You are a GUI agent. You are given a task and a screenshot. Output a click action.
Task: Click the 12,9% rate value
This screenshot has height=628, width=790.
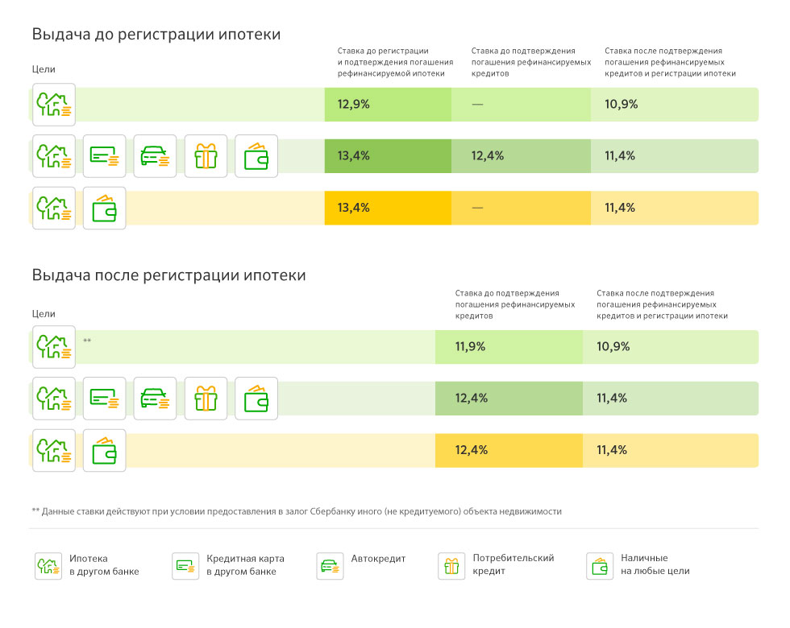pyautogui.click(x=353, y=104)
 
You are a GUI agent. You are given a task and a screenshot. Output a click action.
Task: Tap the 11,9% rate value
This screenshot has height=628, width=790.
pyautogui.click(x=470, y=347)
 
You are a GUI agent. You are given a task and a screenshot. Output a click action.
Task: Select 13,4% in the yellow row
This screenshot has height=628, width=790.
pyautogui.click(x=353, y=208)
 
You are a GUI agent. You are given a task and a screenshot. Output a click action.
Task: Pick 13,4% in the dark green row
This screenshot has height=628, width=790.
pyautogui.click(x=353, y=155)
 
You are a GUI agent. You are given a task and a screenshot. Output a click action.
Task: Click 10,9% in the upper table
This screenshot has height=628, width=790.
pyautogui.click(x=622, y=104)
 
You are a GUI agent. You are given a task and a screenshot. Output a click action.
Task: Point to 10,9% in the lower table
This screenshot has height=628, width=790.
pyautogui.click(x=613, y=347)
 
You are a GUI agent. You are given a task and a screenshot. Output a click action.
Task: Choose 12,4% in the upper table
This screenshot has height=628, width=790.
pyautogui.click(x=487, y=155)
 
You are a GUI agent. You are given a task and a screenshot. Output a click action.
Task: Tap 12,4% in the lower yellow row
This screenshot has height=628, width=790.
pyautogui.click(x=471, y=450)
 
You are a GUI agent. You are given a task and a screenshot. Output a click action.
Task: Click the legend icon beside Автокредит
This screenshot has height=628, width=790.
pyautogui.click(x=330, y=566)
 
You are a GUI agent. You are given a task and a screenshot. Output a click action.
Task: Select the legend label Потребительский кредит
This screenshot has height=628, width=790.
pyautogui.click(x=513, y=564)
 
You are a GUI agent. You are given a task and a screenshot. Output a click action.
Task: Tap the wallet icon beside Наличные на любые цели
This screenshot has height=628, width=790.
pyautogui.click(x=600, y=566)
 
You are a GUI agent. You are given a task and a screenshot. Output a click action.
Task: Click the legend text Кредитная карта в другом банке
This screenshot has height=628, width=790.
pyautogui.click(x=245, y=564)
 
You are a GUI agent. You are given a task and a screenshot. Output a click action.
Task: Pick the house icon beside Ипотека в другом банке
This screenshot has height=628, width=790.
pyautogui.click(x=48, y=566)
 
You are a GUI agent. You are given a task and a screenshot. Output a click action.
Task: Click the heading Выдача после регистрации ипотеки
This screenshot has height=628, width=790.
pyautogui.click(x=168, y=275)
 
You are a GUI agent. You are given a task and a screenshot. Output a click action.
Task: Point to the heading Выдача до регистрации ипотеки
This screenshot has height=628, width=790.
pyautogui.click(x=156, y=34)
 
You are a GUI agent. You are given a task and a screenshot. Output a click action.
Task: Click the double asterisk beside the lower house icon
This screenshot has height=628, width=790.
pyautogui.click(x=87, y=341)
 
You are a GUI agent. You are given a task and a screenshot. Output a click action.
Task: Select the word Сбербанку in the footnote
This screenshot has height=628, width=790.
pyautogui.click(x=332, y=511)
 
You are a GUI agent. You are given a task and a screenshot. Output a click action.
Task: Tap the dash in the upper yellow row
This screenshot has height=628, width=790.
pyautogui.click(x=477, y=208)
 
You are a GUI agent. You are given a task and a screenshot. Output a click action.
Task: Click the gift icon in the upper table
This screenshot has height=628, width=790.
pyautogui.click(x=206, y=156)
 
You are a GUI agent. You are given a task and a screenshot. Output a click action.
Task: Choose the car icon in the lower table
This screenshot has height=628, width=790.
pyautogui.click(x=155, y=398)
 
